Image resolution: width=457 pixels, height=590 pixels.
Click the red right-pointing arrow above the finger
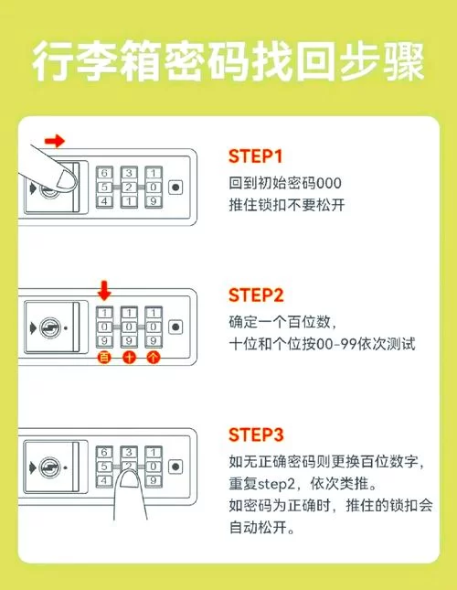pyautogui.click(x=56, y=141)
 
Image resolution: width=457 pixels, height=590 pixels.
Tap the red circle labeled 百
pyautogui.click(x=104, y=358)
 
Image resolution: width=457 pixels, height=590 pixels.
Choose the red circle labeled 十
pyautogui.click(x=129, y=358)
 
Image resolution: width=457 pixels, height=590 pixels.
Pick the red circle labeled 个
pyautogui.click(x=153, y=358)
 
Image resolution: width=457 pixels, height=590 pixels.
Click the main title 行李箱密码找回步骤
pyautogui.click(x=228, y=64)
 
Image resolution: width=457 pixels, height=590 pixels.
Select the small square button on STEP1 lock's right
pyautogui.click(x=175, y=188)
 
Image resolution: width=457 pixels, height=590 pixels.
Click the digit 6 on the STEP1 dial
pyautogui.click(x=104, y=173)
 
